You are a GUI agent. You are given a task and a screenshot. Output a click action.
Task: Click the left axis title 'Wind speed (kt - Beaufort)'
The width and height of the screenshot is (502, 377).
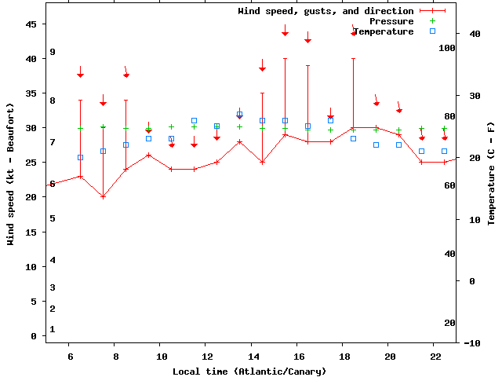pyautogui.click(x=11, y=174)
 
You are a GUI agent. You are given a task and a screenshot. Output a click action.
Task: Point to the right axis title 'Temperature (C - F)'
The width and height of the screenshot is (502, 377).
pyautogui.click(x=491, y=174)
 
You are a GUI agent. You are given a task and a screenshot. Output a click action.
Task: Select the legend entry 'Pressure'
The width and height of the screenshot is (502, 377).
pyautogui.click(x=391, y=21)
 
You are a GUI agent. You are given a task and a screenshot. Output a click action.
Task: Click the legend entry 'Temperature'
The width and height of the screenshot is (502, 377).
pyautogui.click(x=383, y=31)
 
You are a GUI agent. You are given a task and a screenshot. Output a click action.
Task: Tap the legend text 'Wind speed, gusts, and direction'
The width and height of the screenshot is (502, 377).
pyautogui.click(x=326, y=11)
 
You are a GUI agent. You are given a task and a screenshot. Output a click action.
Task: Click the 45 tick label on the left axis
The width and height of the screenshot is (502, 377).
pyautogui.click(x=31, y=24)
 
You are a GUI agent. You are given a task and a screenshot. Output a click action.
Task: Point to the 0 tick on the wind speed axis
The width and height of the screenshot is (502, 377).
pyautogui.click(x=34, y=336)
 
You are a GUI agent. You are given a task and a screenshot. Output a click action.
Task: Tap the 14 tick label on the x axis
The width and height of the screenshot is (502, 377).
pyautogui.click(x=251, y=356)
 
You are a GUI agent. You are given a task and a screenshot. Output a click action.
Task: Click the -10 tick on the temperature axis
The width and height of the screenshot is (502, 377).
pyautogui.click(x=473, y=343)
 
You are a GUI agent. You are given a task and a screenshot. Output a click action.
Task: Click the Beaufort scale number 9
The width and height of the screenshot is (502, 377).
pyautogui.click(x=53, y=52)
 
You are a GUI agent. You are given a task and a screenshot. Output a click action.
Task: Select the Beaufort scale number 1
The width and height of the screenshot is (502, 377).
pyautogui.click(x=53, y=329)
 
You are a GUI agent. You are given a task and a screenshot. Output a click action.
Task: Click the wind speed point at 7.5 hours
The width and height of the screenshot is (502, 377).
pyautogui.click(x=103, y=196)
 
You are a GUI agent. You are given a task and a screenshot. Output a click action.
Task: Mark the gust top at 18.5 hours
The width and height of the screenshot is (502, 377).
pyautogui.click(x=354, y=58)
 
